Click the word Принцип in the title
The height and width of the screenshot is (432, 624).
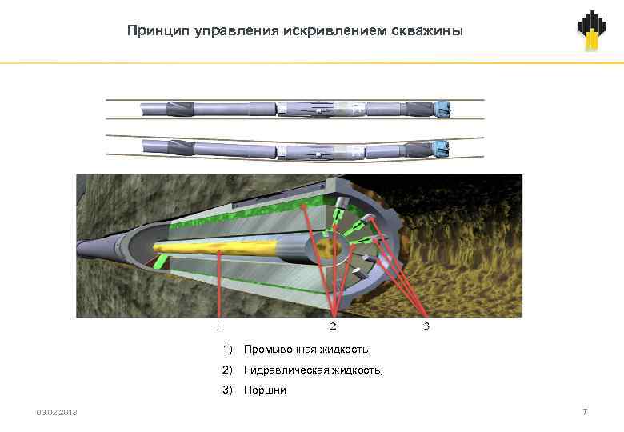[151, 31]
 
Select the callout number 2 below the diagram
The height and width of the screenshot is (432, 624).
[333, 326]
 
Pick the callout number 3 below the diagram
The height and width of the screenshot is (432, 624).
[426, 326]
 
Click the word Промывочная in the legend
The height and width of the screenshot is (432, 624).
[277, 350]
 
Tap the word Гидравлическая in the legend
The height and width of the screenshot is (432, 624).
[282, 370]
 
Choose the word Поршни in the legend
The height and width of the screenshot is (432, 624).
[265, 390]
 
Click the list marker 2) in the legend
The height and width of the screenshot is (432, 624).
[228, 370]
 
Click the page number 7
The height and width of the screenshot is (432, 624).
[585, 411]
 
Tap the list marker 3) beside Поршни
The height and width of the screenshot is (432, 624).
[228, 390]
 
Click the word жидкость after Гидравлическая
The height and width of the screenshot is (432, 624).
[353, 370]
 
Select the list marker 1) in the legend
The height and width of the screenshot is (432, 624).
[228, 350]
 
